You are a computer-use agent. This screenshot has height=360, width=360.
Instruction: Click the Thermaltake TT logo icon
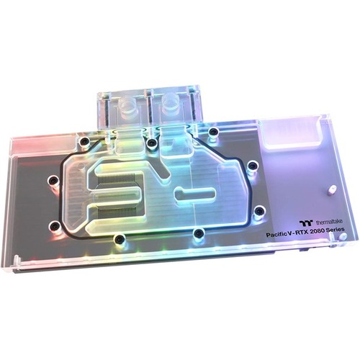306,222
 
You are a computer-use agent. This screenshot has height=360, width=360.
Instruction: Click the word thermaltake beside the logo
329,222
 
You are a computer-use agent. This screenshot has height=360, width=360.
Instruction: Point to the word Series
336,230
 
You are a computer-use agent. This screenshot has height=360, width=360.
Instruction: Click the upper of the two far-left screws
53,180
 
